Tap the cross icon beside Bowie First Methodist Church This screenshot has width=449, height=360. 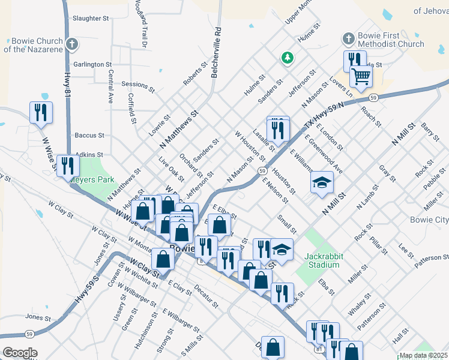(x=348, y=40)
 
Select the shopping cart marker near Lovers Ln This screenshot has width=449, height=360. (x=361, y=76)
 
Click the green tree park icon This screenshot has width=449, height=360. (x=288, y=58)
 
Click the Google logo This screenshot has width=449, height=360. (x=20, y=353)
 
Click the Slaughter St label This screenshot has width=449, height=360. (x=90, y=19)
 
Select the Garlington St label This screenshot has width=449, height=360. (x=92, y=64)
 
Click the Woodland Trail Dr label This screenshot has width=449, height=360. (x=142, y=24)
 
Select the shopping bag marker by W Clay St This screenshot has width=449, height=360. (x=163, y=259)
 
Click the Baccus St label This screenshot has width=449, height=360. (x=89, y=136)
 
